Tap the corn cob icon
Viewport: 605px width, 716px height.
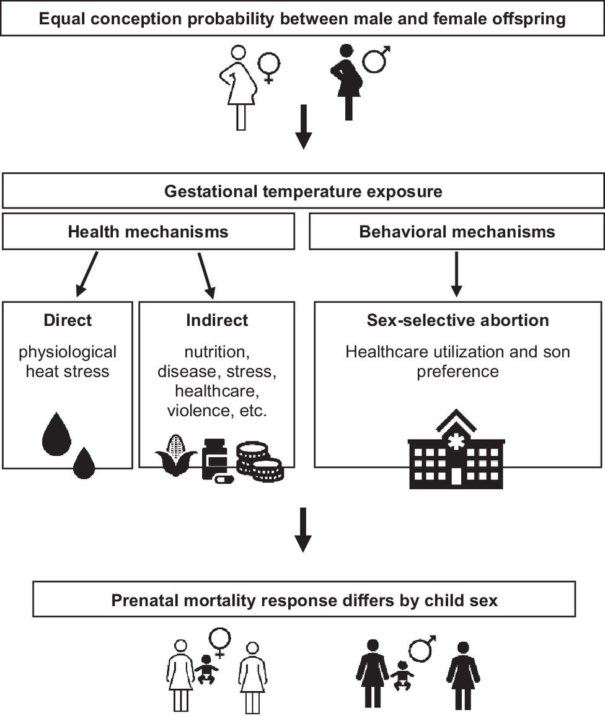(x=175, y=455)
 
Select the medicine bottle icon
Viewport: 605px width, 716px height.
(x=215, y=459)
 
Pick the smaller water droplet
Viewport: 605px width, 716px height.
(x=84, y=464)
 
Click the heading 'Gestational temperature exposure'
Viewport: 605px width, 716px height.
(x=303, y=191)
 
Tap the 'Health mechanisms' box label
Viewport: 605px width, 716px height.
(x=148, y=232)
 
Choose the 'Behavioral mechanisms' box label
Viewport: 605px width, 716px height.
(x=457, y=232)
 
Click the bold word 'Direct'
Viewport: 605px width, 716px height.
(x=68, y=320)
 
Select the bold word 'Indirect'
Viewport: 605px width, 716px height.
(x=217, y=320)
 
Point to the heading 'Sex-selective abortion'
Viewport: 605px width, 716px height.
(x=457, y=320)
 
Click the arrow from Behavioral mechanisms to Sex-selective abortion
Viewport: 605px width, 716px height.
(x=456, y=273)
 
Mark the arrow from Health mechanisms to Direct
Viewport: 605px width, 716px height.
(x=87, y=273)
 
